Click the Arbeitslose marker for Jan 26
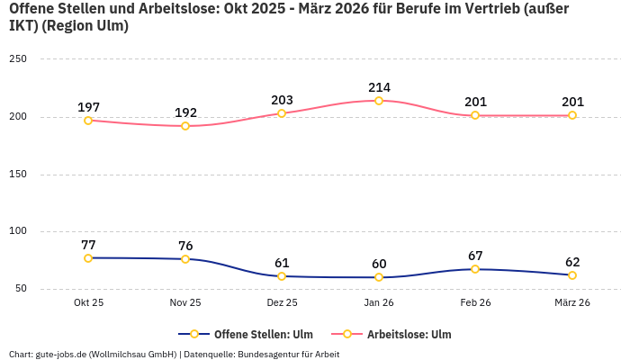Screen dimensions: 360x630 (379, 101)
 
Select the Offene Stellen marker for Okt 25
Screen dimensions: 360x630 (88, 258)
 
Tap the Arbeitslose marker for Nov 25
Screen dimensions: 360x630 (185, 126)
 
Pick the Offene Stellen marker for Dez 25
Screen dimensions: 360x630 (282, 276)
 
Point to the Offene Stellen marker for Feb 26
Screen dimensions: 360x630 (475, 269)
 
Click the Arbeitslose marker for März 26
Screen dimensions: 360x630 (572, 115)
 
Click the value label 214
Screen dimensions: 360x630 (379, 87)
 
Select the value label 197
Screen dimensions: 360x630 (88, 107)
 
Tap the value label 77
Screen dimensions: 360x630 (88, 245)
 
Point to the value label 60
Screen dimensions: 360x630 (379, 264)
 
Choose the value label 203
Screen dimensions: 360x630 (282, 100)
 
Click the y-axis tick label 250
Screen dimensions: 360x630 (18, 59)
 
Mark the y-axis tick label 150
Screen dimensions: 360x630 (18, 174)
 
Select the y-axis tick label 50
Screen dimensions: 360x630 (21, 289)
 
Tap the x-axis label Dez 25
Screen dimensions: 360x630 (282, 303)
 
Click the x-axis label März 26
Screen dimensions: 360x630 (572, 303)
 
